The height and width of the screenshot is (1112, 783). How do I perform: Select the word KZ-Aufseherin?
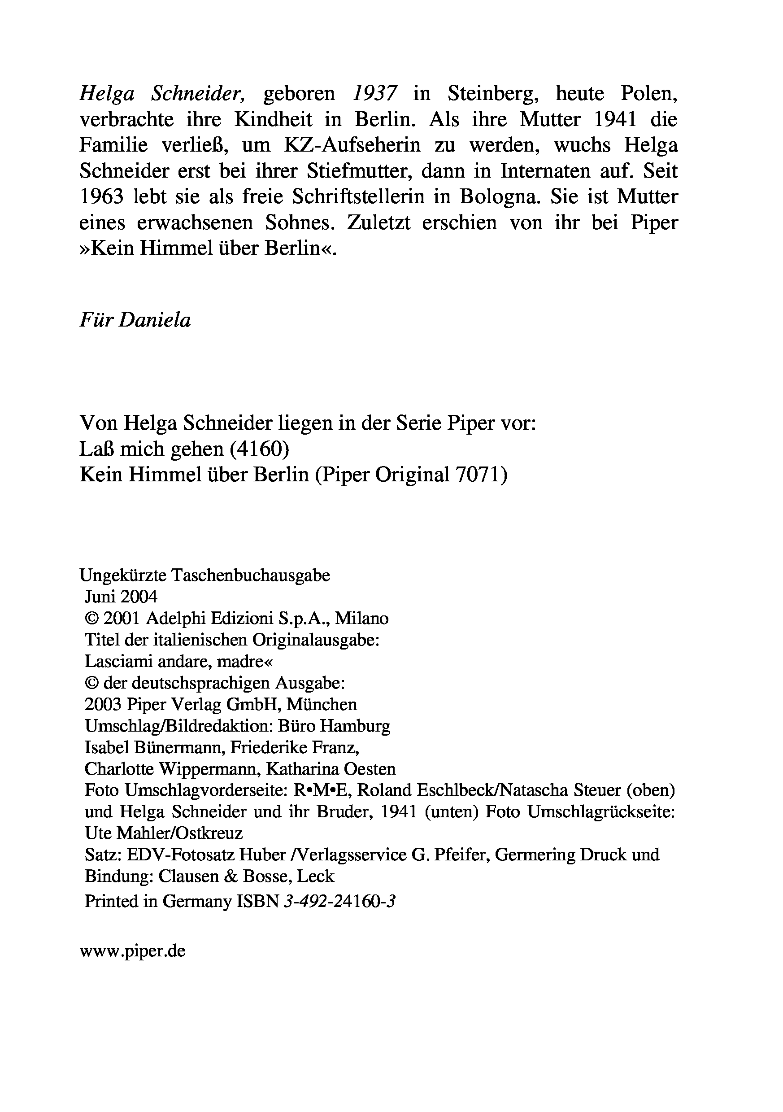[x=352, y=145]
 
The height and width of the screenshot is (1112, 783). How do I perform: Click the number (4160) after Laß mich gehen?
[x=260, y=449]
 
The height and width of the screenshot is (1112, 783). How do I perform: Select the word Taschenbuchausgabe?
[x=251, y=576]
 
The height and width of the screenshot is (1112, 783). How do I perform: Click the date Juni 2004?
[x=121, y=597]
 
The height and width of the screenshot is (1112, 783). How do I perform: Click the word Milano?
[x=362, y=619]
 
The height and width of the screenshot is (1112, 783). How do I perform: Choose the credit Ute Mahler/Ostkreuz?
[x=163, y=833]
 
